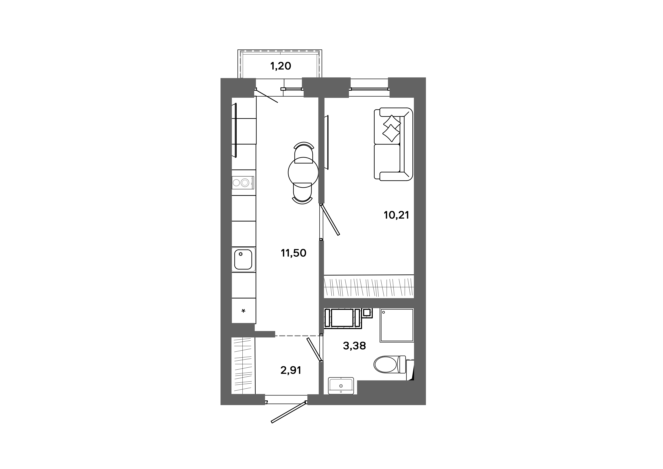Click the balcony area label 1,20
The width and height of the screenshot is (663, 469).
click(280, 66)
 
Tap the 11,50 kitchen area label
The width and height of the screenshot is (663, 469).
click(293, 253)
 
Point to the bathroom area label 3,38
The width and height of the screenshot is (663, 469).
click(354, 346)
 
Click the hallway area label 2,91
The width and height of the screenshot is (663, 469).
click(291, 370)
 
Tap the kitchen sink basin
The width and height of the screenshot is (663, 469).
click(243, 259)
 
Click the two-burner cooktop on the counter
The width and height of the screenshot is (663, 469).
click(243, 182)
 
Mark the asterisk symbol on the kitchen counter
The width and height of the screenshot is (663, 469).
click(243, 311)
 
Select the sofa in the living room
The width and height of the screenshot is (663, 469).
click(393, 144)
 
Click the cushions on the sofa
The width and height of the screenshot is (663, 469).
click(392, 128)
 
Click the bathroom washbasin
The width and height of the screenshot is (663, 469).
click(341, 386)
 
